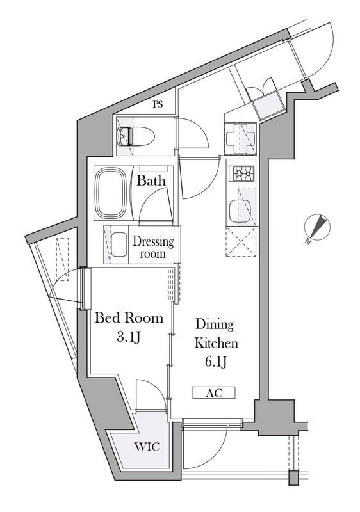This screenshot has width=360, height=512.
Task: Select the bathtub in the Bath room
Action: [112, 193]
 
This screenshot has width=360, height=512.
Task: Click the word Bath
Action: [151, 181]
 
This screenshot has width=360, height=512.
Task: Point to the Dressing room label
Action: [153, 248]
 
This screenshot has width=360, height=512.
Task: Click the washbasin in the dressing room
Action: [119, 244]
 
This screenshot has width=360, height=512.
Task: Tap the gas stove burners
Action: [241, 173]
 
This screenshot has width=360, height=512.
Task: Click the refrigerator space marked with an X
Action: [241, 244]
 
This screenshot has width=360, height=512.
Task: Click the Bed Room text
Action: [129, 318]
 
